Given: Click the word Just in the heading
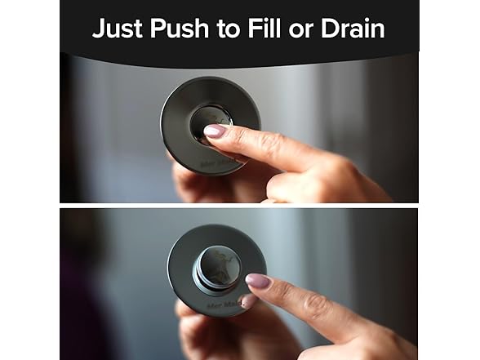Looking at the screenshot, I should (x=113, y=29).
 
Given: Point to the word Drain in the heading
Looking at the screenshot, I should (x=353, y=29).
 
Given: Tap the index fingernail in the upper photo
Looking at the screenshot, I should (x=215, y=130).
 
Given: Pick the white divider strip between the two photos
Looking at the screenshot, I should (x=239, y=205).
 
